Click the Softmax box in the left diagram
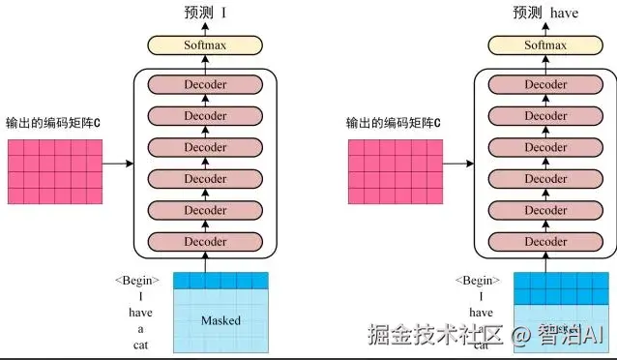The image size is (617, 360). coord(205,45)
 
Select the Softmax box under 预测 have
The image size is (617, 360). coord(545,45)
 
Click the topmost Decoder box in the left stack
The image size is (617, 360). coord(205,85)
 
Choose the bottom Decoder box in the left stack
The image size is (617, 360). coord(205,242)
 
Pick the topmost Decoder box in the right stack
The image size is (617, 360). coord(545,85)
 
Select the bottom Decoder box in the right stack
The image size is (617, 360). coord(545,242)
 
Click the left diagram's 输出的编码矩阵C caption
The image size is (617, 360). coord(54,124)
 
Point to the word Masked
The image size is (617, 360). coord(220,320)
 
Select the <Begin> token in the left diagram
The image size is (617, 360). coord(137,282)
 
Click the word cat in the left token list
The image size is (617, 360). coord(140,344)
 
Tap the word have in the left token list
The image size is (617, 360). coord(140,313)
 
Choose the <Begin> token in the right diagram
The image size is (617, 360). coord(478,282)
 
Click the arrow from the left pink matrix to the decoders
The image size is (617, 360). coord(116,164)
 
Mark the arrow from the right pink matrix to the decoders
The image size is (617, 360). coord(456,164)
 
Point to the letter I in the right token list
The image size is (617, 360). coord(481,297)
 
